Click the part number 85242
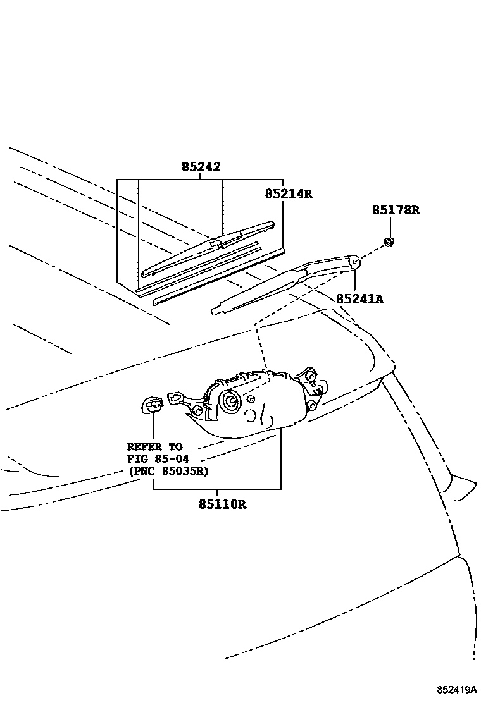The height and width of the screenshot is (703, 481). coord(201,168)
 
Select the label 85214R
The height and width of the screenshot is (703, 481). coord(289,194)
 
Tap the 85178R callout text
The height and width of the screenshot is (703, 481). coord(396,210)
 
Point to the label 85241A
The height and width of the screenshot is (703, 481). coord(359,298)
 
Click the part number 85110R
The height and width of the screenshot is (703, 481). coord(222,504)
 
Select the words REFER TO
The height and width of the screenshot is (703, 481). coord(154,446)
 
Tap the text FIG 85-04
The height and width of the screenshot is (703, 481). coord(158,458)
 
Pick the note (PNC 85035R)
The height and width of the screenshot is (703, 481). coord(168,471)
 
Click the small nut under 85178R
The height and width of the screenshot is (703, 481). coord(390,241)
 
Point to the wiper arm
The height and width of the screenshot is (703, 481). coord(285,284)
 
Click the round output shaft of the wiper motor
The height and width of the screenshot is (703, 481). coord(228,400)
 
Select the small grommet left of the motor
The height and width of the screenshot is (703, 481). coord(150,404)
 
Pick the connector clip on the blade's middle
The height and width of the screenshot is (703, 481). coord(217,241)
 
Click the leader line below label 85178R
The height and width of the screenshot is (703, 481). coord(390,227)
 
